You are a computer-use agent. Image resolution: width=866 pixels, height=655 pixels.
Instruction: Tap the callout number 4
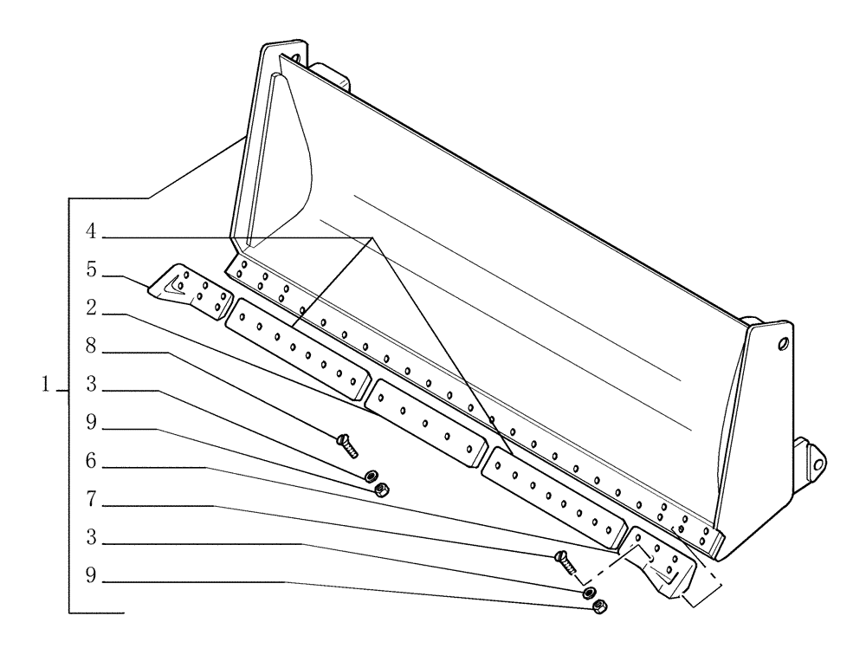90,231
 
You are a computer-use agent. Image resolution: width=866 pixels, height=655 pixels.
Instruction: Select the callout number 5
90,269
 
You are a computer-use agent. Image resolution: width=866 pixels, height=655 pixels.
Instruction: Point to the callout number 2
90,307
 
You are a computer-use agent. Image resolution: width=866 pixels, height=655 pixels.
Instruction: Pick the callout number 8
90,346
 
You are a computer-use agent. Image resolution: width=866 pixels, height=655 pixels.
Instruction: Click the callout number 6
90,463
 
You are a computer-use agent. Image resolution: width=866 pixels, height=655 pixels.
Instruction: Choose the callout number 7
90,500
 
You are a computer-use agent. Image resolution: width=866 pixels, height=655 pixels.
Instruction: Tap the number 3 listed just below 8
90,384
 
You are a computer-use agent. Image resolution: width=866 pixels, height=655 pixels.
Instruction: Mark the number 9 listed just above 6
90,425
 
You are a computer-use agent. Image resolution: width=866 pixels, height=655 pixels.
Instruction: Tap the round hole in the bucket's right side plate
783,344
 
